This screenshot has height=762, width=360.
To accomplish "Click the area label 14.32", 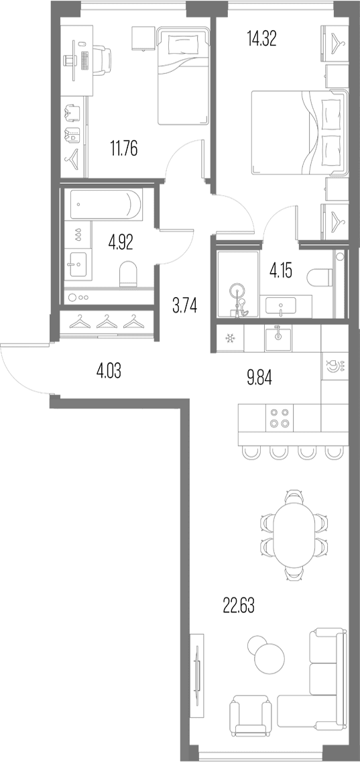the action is (261, 38).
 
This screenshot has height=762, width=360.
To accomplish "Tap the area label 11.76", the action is (123, 148).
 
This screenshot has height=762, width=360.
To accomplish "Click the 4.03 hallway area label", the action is (109, 373).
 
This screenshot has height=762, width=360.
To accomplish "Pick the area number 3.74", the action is (184, 306).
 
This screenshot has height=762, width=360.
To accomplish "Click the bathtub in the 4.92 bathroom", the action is (107, 204).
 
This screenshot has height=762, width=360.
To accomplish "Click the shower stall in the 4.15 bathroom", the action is (239, 285).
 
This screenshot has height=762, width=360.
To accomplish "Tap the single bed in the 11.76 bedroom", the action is (184, 75).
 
